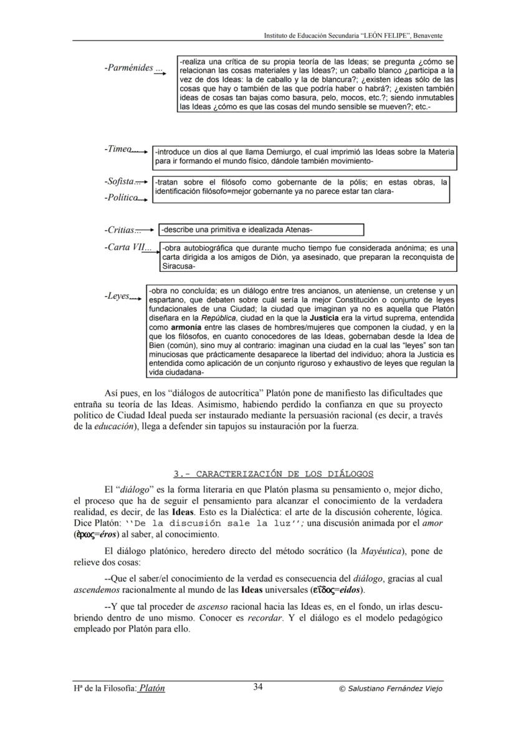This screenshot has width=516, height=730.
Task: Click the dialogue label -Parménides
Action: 128,67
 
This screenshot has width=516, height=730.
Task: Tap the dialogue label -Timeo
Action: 118,149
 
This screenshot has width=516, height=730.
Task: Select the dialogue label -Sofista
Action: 120,181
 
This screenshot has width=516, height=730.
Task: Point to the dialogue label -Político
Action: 121,197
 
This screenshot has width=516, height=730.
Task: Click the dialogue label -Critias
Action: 120,230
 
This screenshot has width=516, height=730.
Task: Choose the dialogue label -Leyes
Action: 117,296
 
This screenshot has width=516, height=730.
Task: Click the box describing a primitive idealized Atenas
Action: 261,230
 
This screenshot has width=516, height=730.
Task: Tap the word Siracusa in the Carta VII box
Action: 178,266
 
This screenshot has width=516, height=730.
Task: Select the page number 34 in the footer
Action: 258,687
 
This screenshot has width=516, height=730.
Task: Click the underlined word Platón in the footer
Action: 152,688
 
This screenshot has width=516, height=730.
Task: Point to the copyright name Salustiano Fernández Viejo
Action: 394,688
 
